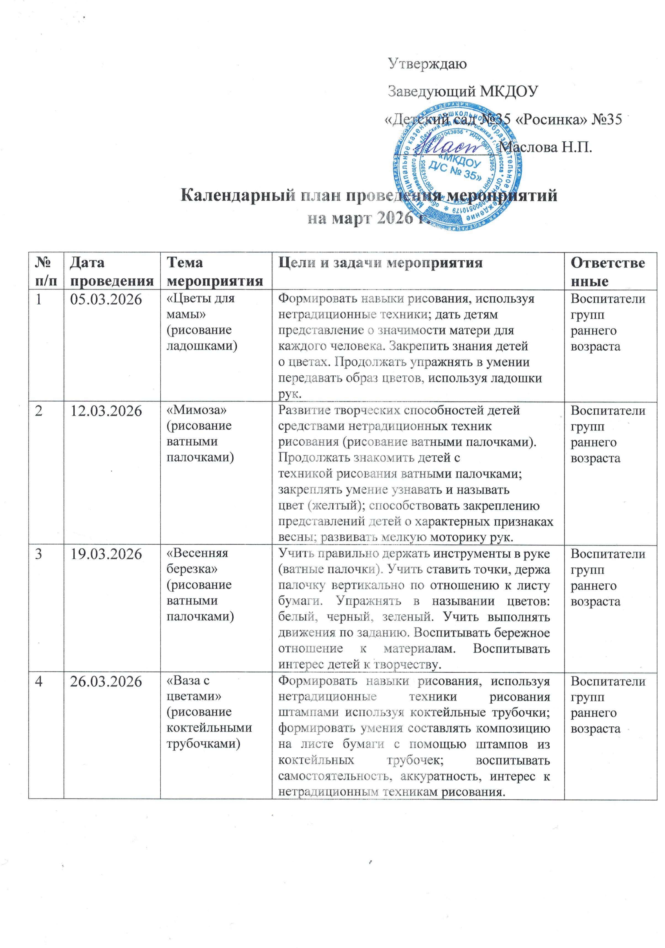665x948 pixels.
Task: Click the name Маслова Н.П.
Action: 545,147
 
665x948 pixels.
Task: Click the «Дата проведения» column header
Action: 112,271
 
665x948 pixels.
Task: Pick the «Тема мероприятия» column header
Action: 215,271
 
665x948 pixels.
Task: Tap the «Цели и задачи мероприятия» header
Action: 380,263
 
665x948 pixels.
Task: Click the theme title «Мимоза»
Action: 197,410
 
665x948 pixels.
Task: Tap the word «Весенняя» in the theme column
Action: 197,553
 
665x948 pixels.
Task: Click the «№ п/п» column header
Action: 46,271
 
